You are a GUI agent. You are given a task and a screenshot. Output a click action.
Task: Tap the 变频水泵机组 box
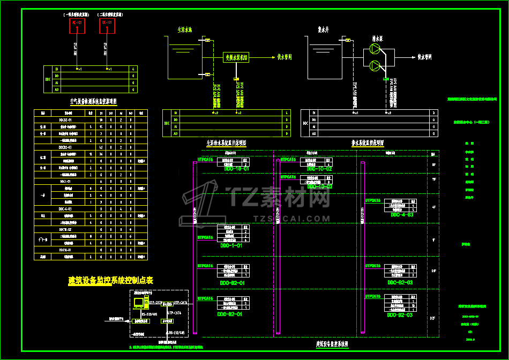236,57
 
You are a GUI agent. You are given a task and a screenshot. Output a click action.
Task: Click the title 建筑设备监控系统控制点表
111,280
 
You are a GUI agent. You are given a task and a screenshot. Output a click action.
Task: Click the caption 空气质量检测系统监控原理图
93,101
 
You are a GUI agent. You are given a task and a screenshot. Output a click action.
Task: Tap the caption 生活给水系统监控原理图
226,143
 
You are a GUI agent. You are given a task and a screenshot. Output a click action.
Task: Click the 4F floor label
433,206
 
